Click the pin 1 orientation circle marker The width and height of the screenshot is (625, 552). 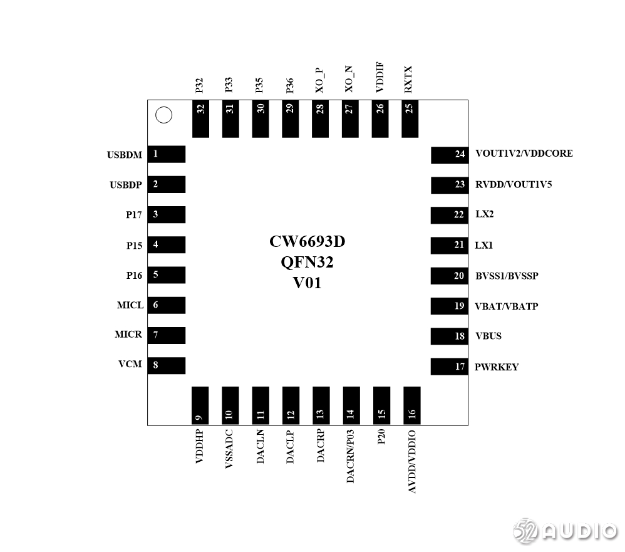point(163,115)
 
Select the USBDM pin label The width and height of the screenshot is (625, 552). point(124,155)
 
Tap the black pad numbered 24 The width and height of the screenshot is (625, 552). point(450,154)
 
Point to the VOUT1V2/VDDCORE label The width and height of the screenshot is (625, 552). point(524,154)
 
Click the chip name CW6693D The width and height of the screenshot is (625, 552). point(307,242)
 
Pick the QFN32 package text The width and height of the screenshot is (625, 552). point(307,262)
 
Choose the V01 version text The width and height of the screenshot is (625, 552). point(307,283)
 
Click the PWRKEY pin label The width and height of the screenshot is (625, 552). point(496,367)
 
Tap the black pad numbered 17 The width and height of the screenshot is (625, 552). point(450,367)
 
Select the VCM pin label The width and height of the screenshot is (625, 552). point(130,364)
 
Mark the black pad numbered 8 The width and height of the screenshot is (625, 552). point(167,365)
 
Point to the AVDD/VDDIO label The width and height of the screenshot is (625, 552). point(412,462)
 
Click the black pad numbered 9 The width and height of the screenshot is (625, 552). point(200,405)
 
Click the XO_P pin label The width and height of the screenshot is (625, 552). point(319,80)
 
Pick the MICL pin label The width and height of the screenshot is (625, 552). point(130,305)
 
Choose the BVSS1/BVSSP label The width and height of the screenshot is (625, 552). point(507,276)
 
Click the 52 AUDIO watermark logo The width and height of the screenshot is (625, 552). point(566,531)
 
